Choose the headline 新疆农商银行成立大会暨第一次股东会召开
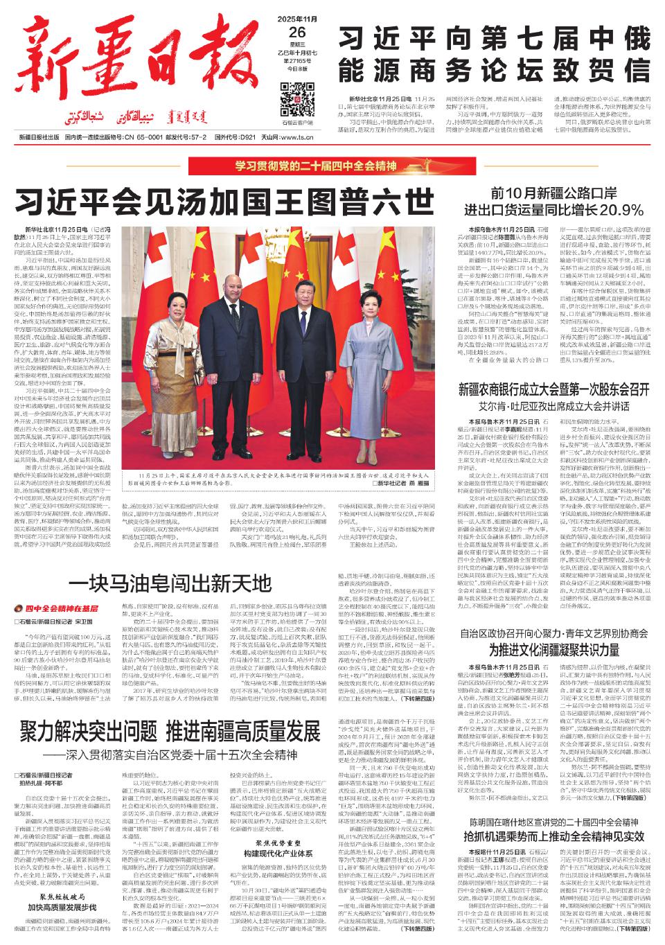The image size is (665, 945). (x=553, y=390)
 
